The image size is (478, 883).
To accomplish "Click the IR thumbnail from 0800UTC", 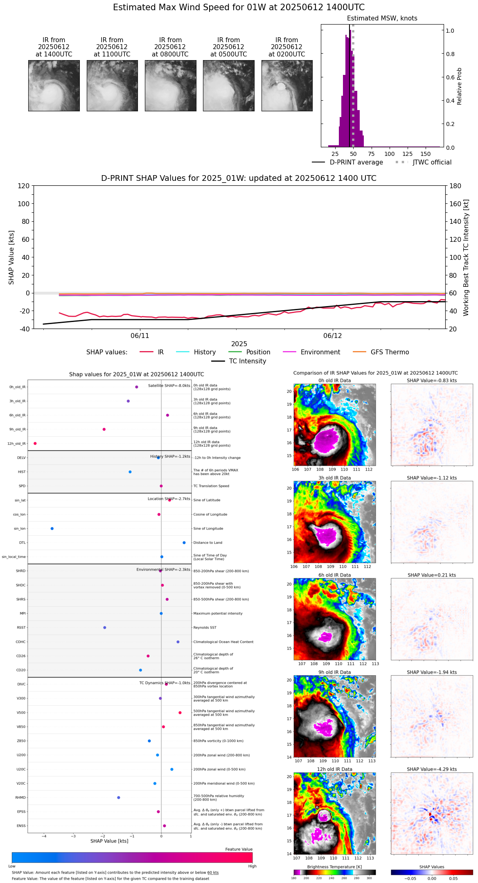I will pyautogui.click(x=170, y=86).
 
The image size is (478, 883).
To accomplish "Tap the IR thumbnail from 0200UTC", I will pyautogui.click(x=287, y=86).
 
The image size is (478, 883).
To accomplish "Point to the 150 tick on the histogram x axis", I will pyautogui.click(x=426, y=154).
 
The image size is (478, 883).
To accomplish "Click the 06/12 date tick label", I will pyautogui.click(x=332, y=336).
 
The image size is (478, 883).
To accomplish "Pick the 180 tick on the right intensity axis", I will pyautogui.click(x=455, y=186).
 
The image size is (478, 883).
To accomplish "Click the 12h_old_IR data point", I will pyautogui.click(x=35, y=444).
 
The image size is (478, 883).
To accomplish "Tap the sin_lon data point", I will pyautogui.click(x=52, y=529).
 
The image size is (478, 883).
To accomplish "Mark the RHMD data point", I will pyautogui.click(x=119, y=797).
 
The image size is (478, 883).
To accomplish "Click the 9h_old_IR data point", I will pyautogui.click(x=104, y=429).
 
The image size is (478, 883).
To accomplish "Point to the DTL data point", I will pyautogui.click(x=184, y=543).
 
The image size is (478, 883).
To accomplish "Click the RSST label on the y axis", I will pyautogui.click(x=21, y=628).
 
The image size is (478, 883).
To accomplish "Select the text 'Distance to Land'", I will pyautogui.click(x=207, y=543).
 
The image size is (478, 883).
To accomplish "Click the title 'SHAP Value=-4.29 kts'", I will pyautogui.click(x=432, y=769).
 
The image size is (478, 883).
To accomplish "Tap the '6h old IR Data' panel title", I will pyautogui.click(x=334, y=575).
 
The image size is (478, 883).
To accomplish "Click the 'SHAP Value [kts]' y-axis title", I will pyautogui.click(x=11, y=257).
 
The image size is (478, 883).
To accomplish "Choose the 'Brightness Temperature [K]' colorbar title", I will pyautogui.click(x=334, y=867).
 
